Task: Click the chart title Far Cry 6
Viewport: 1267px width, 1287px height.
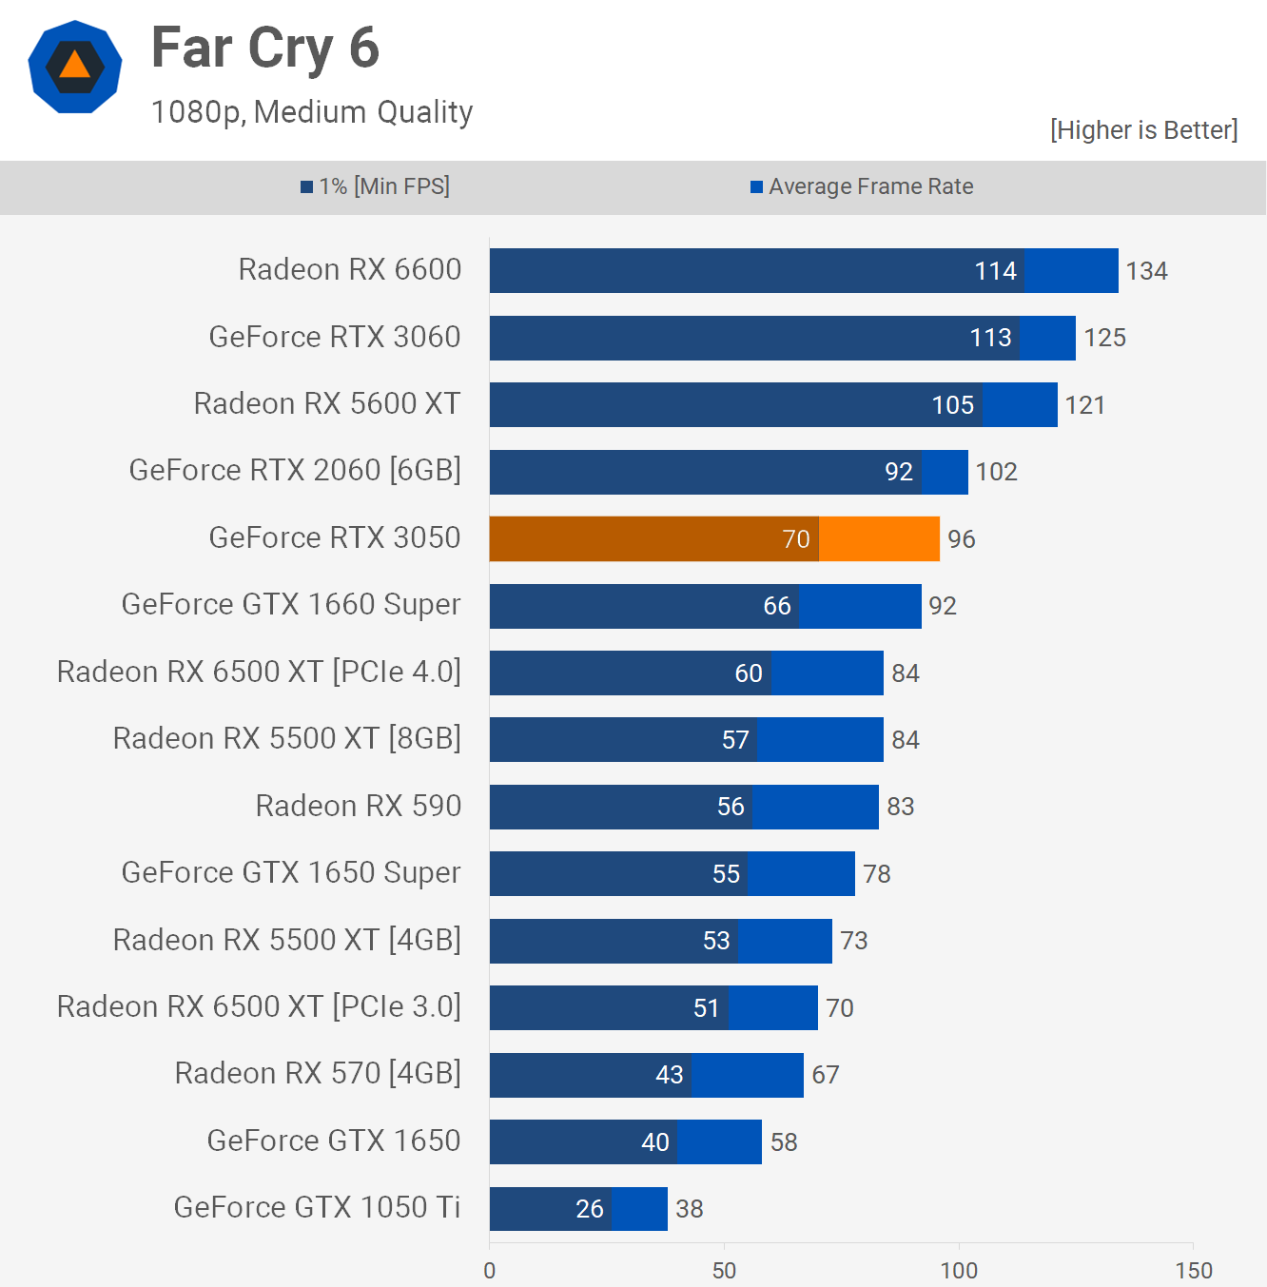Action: click(x=265, y=49)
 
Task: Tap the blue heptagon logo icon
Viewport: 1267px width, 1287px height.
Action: click(x=74, y=67)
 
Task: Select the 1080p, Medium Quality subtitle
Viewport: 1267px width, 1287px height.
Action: click(x=312, y=112)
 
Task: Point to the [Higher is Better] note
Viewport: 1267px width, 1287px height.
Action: click(x=1143, y=130)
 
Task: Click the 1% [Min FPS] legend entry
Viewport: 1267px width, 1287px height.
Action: click(x=376, y=186)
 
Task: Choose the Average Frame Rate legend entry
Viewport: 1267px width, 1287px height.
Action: click(x=862, y=186)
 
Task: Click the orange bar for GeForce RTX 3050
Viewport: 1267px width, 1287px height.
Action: click(x=713, y=539)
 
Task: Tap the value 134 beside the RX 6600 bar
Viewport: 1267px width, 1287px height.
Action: click(x=1146, y=271)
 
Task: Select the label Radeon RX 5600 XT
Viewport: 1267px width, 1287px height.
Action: click(x=327, y=404)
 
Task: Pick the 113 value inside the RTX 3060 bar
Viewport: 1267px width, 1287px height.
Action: click(x=990, y=338)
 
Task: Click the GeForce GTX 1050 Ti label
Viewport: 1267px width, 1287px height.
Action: click(x=317, y=1208)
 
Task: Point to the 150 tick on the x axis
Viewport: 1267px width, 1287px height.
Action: click(x=1193, y=1271)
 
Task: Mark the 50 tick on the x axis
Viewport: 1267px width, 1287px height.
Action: click(x=724, y=1271)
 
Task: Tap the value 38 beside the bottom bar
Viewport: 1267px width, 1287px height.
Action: click(x=690, y=1209)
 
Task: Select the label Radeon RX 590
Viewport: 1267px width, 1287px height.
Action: click(x=359, y=807)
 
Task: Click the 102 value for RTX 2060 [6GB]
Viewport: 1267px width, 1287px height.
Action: click(x=996, y=472)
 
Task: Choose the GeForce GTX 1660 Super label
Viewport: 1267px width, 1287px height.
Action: click(x=291, y=605)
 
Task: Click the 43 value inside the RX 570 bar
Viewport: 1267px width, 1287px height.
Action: click(x=670, y=1075)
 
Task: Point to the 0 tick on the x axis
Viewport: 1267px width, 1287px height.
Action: click(x=490, y=1271)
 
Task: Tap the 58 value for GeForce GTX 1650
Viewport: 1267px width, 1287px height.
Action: click(x=784, y=1142)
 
